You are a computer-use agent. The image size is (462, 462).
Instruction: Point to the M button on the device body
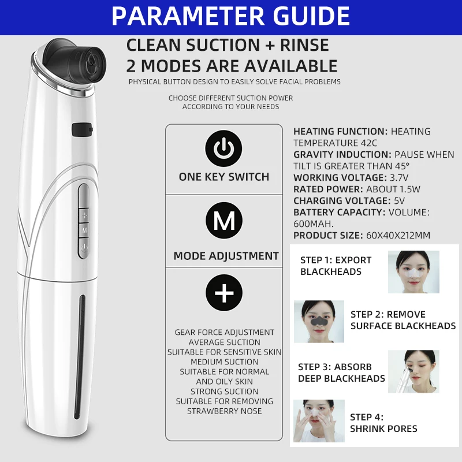84,230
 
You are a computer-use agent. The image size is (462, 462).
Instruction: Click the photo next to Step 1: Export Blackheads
413,271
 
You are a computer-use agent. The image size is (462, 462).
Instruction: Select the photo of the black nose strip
319,321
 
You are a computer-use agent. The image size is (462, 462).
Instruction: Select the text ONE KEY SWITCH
224,177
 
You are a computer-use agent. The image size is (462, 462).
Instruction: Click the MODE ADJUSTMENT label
226,256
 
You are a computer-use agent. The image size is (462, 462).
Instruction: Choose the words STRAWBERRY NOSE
224,411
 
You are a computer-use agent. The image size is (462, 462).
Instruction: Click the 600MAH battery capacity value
312,224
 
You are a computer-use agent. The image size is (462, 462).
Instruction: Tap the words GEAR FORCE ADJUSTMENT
225,332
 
